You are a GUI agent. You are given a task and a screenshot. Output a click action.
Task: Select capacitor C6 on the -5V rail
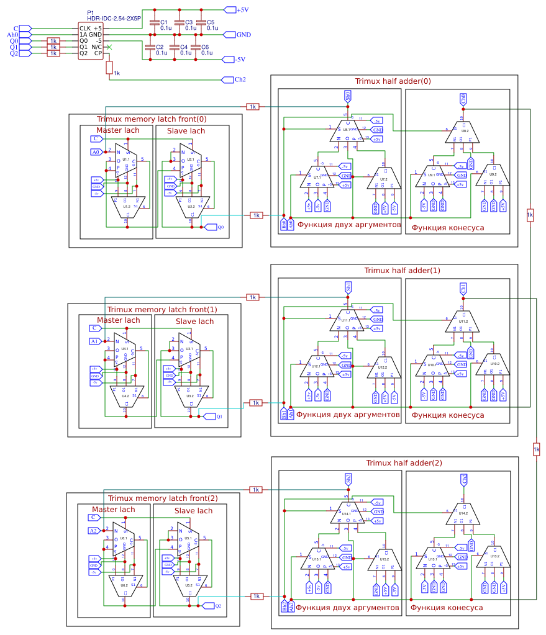(x=195, y=47)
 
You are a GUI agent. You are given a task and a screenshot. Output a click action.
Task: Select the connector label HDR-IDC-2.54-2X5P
(x=114, y=19)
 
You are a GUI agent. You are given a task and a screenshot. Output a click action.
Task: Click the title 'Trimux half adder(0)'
(x=393, y=81)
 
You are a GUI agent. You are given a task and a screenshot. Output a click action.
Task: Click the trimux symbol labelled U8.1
(x=346, y=130)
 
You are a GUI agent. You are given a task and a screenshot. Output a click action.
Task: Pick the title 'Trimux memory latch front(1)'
(x=162, y=309)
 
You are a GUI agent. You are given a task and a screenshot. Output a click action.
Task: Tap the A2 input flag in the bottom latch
(x=93, y=531)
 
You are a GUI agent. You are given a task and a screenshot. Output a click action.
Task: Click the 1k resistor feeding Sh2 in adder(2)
(x=255, y=490)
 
